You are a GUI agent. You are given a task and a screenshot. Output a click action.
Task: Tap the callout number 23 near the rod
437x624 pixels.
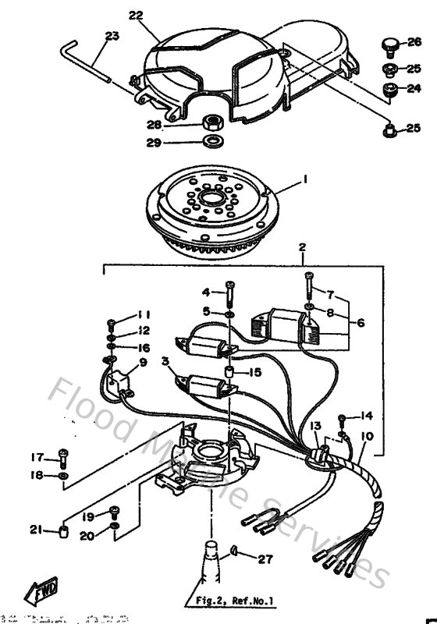point(112,37)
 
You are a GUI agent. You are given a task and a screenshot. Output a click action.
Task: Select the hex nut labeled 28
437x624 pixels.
point(210,123)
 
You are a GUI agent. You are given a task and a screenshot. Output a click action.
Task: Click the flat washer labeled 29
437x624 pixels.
point(211,141)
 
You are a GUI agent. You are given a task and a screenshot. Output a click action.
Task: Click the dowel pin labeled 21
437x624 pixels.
point(60,532)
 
